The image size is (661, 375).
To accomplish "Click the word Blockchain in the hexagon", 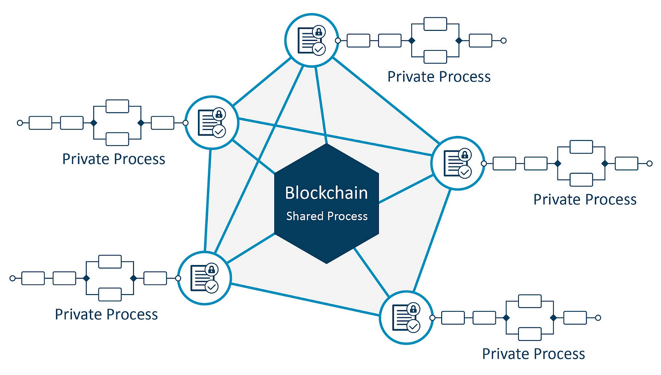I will (x=326, y=193).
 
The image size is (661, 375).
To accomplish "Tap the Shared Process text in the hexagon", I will (x=326, y=216).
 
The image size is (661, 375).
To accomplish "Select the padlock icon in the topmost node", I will (x=319, y=32).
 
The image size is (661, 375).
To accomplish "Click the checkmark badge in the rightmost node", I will (x=465, y=171).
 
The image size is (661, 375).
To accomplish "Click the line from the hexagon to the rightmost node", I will (x=405, y=188).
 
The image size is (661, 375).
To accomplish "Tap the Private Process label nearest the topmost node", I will (x=439, y=76).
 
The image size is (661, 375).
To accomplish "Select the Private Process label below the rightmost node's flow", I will (x=585, y=199).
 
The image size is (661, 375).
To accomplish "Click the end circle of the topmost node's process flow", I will (x=503, y=40).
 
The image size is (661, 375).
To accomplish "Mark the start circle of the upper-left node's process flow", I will (x=20, y=123).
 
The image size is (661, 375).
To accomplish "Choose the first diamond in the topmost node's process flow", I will (x=411, y=40).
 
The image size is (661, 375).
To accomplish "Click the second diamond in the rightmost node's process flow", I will (x=604, y=163).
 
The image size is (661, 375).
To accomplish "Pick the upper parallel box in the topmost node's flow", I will (x=435, y=24).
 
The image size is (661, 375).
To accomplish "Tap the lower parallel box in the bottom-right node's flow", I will (x=529, y=334).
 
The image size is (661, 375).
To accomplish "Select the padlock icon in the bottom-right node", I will (x=413, y=310).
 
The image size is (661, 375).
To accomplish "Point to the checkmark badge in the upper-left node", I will (x=219, y=131).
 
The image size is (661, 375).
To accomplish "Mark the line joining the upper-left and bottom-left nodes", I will (x=208, y=200).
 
